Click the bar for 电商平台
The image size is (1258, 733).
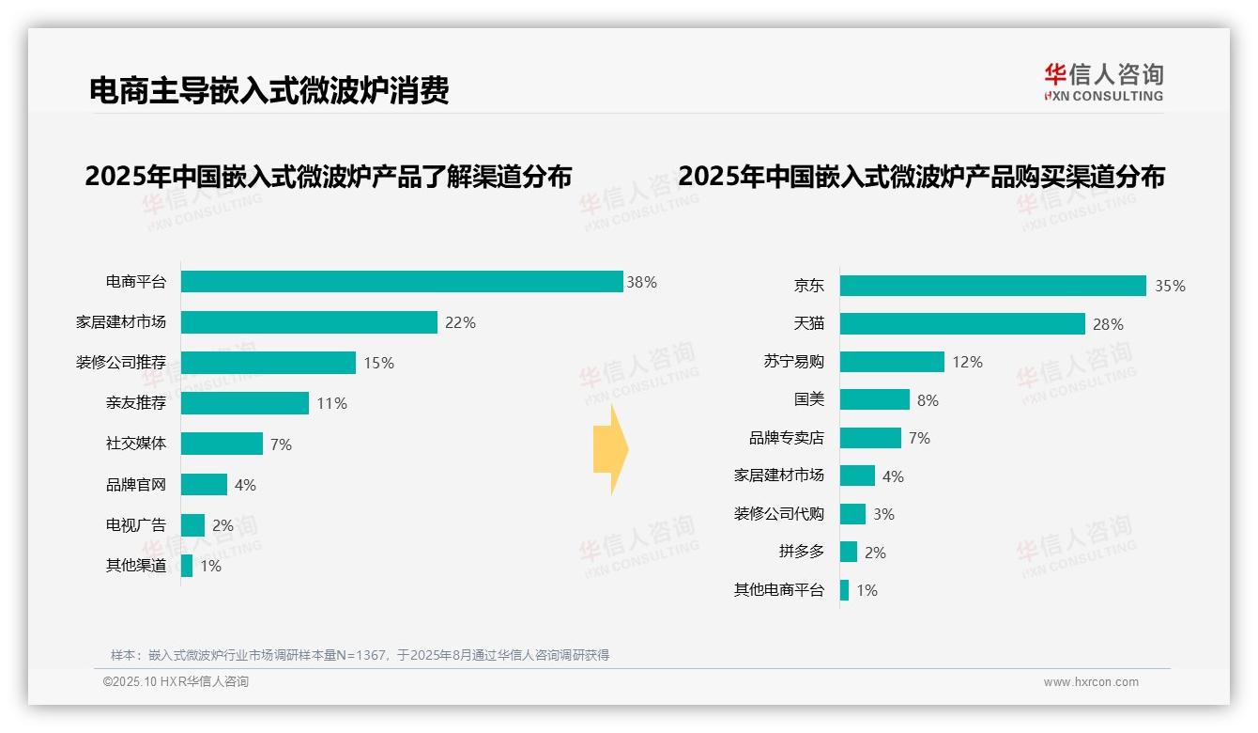402,282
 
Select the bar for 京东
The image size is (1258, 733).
992,286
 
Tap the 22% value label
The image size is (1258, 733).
460,322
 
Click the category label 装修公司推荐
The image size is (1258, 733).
121,363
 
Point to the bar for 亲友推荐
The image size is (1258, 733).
244,403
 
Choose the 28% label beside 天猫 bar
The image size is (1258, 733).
1108,324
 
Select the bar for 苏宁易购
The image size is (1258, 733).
892,362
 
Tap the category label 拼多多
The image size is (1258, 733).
801,552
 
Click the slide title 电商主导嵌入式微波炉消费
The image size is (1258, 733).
269,90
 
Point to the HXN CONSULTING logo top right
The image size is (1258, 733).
1103,83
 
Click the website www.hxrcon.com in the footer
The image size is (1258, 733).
1091,682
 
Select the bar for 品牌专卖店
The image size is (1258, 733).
870,438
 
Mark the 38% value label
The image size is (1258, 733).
642,282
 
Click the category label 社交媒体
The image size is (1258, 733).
136,444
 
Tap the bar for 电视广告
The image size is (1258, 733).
192,525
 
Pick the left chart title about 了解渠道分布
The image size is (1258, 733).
329,177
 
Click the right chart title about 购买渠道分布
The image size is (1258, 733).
921,177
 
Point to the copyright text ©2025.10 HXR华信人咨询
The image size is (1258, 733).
176,682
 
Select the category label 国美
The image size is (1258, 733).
809,399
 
